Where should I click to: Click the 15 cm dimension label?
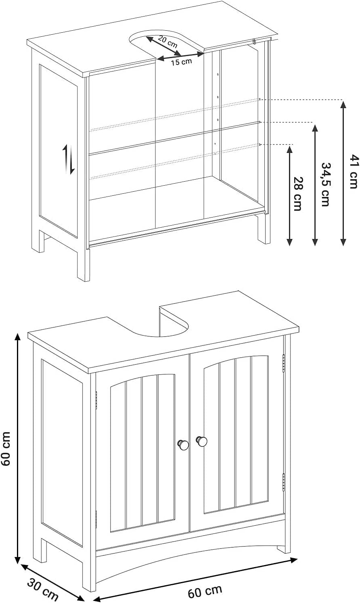point(181,62)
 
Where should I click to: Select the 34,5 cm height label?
point(325,184)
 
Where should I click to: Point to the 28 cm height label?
point(297,194)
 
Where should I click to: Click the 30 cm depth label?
point(43,592)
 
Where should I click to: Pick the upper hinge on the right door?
point(284,363)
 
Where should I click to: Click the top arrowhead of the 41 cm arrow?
point(343,104)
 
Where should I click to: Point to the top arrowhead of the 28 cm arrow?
point(289,149)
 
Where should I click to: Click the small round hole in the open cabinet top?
point(254,42)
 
